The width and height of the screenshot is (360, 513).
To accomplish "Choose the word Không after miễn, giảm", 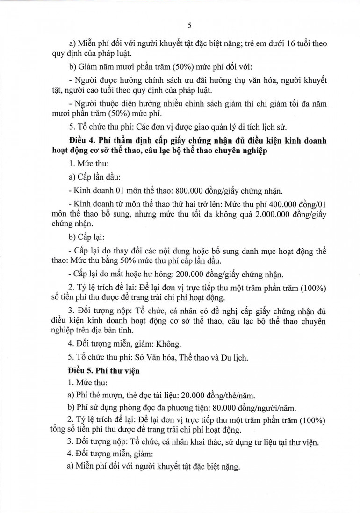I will click(x=167, y=345).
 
